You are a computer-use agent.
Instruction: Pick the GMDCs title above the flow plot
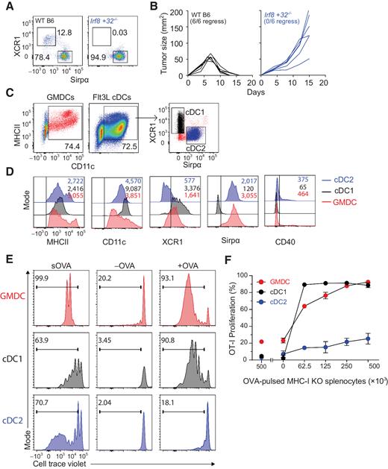pos(56,97)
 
